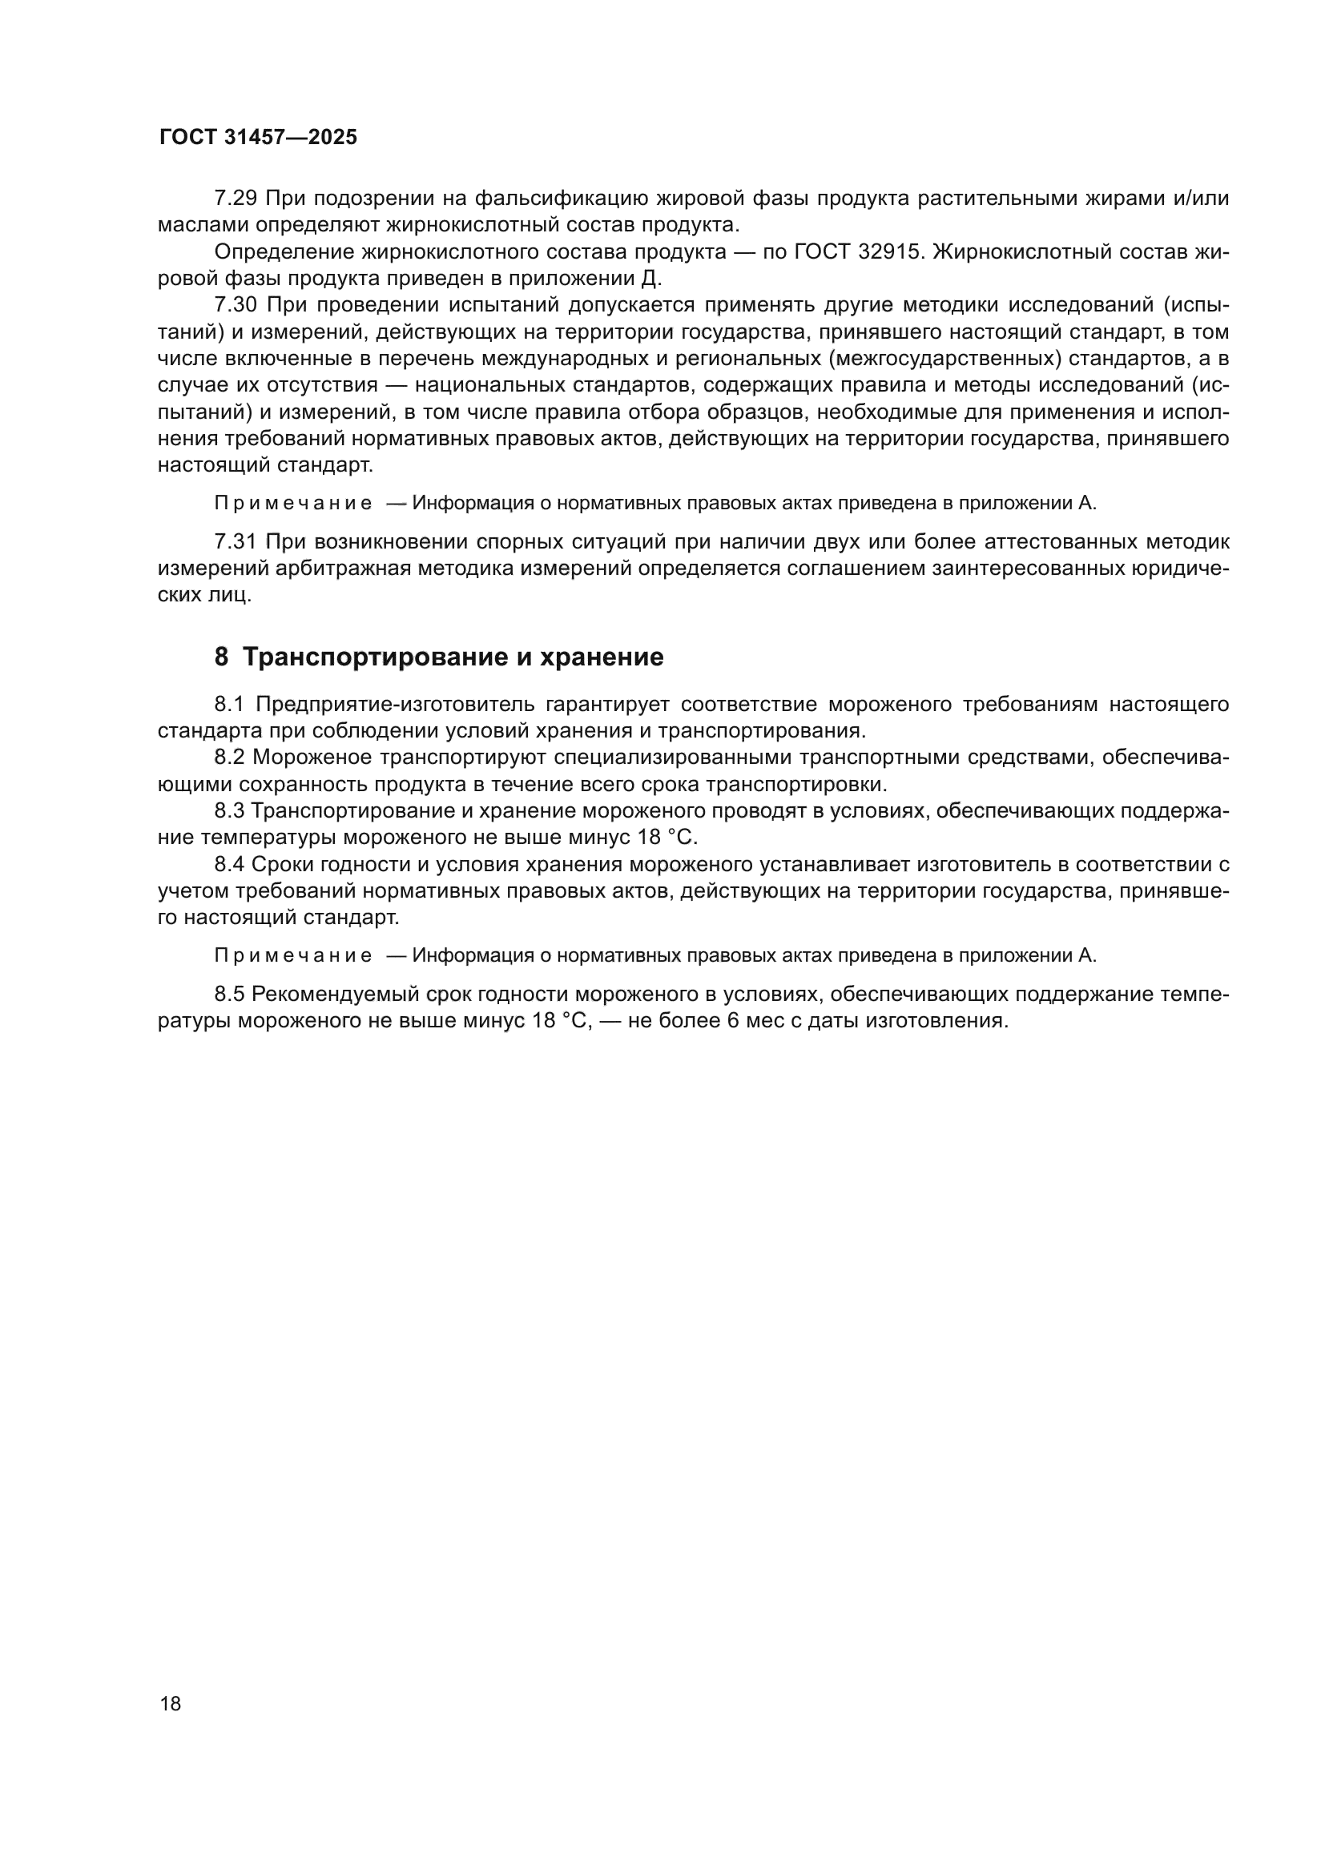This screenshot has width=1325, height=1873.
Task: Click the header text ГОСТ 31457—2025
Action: [x=258, y=137]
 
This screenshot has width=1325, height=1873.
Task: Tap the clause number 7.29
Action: [x=236, y=199]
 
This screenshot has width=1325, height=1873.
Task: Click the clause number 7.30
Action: [x=236, y=305]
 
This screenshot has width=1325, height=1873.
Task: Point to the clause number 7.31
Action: [x=236, y=541]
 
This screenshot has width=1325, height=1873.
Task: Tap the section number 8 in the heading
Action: [x=221, y=657]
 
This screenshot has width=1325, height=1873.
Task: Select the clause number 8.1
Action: [x=229, y=704]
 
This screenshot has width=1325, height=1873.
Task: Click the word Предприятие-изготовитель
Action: [x=396, y=704]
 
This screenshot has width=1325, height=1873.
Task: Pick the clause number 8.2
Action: [x=229, y=757]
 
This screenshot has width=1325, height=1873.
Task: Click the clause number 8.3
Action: [x=229, y=811]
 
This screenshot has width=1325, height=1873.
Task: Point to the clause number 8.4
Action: [x=229, y=864]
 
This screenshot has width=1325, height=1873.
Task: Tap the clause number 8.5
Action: [x=229, y=994]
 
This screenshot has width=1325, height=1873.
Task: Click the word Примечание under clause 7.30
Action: [x=293, y=504]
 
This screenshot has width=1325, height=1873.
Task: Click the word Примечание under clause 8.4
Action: [x=293, y=955]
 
